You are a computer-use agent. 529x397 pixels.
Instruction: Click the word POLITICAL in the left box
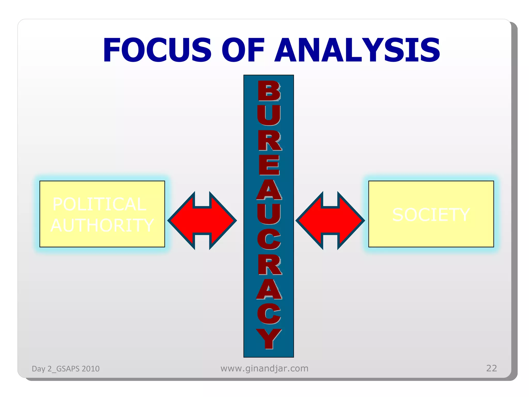pos(99,204)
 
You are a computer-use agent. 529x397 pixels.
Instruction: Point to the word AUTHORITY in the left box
pos(102,225)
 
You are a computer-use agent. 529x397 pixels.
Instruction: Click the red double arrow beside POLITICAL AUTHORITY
pos(202,220)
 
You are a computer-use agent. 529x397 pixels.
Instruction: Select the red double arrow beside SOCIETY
pos(330,220)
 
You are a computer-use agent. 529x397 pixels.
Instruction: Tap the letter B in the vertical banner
pos(269,91)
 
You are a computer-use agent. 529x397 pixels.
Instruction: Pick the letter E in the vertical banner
pos(269,165)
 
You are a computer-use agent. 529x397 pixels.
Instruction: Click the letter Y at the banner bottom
pos(269,339)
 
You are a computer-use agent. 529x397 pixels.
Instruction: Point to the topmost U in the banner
pos(269,115)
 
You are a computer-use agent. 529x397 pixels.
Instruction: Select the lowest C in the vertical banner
pos(269,314)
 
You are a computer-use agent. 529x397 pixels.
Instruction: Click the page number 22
pos(491,368)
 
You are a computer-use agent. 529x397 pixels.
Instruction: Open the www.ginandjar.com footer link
pos(264,368)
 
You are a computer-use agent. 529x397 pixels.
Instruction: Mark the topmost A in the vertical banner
pos(269,190)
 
